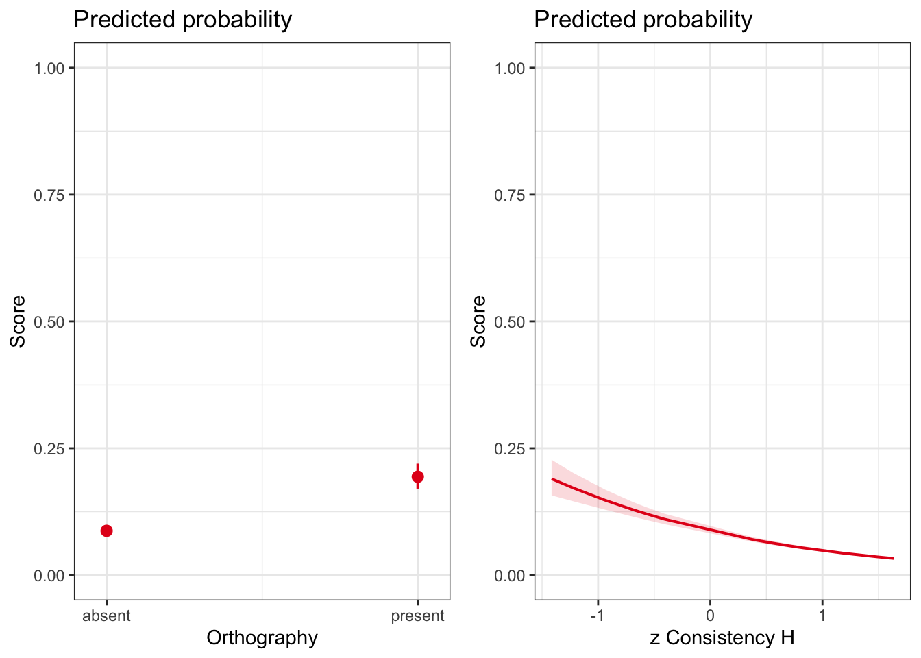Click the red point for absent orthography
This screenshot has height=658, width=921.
coord(106,531)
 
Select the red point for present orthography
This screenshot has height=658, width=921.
coord(418,476)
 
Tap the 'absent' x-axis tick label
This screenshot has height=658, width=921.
coord(106,616)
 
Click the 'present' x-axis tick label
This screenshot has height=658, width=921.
coord(418,616)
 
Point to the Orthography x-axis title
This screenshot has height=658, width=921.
coord(262,639)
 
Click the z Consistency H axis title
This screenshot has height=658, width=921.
coord(722,638)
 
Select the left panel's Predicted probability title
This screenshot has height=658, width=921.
coord(182,20)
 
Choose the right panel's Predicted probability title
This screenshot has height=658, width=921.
coord(643,20)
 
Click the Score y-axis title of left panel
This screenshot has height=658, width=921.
coord(18,321)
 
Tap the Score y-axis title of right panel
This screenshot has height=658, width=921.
coord(478,321)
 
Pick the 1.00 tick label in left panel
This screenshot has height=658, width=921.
coord(49,69)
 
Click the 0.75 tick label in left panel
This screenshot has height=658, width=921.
coord(49,195)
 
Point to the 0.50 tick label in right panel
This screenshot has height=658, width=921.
coord(510,322)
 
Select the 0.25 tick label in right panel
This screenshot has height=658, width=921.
coord(510,449)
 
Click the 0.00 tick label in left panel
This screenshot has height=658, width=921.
coord(49,575)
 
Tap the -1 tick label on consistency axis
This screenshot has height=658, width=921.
coord(597,616)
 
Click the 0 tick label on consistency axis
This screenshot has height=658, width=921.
coord(710,616)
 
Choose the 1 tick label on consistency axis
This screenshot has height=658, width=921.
coord(822,616)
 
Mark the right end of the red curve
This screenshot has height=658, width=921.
coord(894,558)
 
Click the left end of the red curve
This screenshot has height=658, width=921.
coord(552,479)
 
